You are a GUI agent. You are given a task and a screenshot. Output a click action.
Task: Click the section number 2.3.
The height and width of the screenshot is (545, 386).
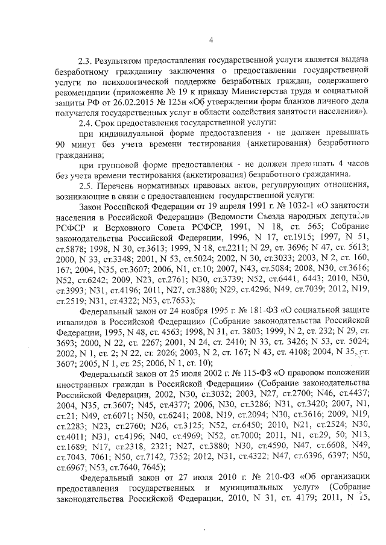[85, 61]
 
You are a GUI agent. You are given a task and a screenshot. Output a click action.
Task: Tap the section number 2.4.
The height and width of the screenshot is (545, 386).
[85, 122]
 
